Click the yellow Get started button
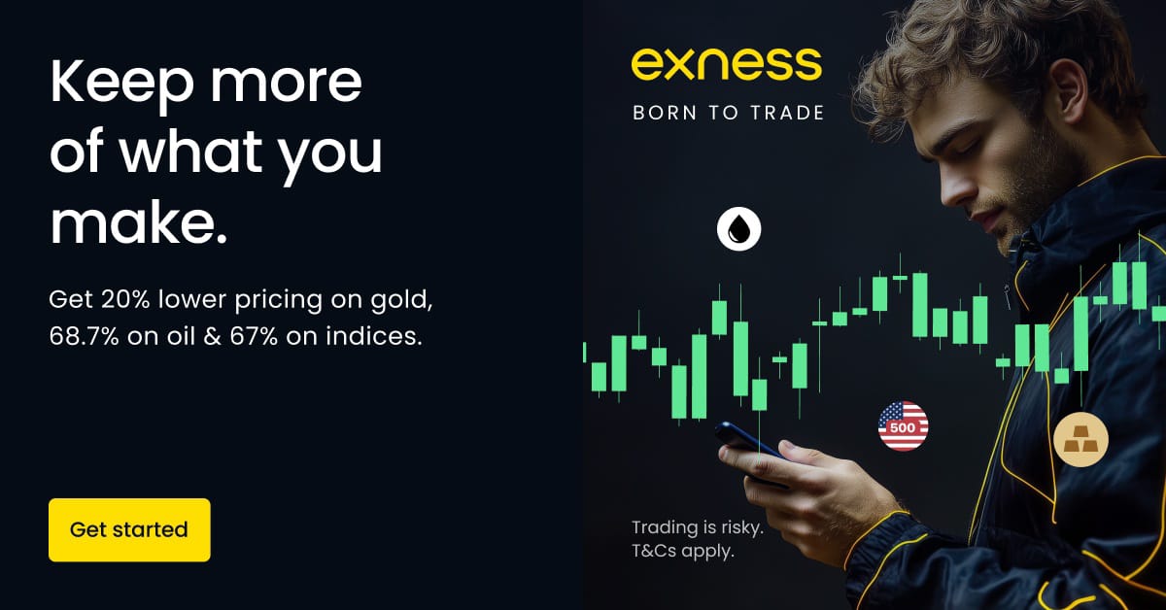(x=129, y=529)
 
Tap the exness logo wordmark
(x=727, y=64)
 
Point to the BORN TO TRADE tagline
(x=728, y=113)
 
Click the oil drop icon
(x=739, y=229)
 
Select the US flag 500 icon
(x=903, y=425)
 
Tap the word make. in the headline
(x=138, y=222)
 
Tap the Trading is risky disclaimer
(x=698, y=528)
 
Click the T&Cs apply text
(x=683, y=552)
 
